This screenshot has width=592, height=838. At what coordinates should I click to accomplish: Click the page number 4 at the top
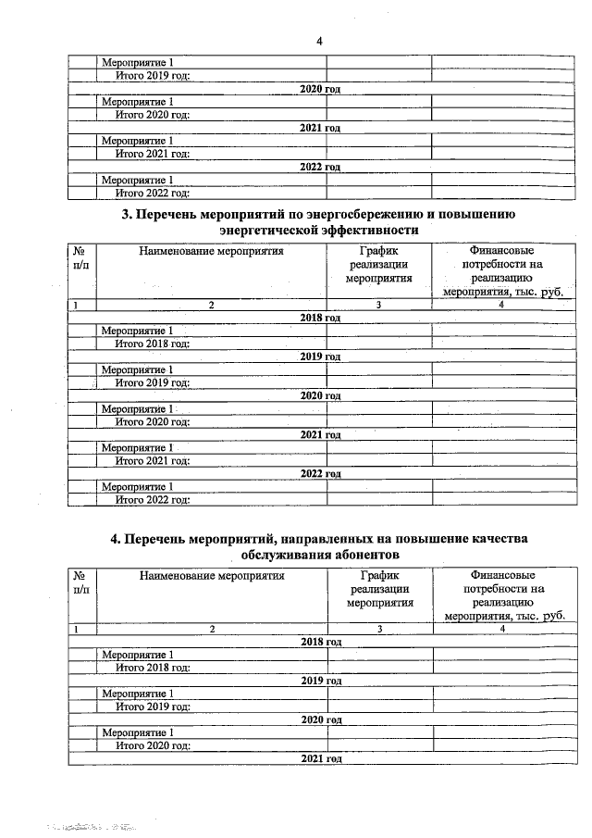tap(319, 41)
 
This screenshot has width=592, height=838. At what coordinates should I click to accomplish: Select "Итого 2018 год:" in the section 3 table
tap(153, 344)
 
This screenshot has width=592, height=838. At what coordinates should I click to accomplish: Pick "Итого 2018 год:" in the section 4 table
tap(153, 667)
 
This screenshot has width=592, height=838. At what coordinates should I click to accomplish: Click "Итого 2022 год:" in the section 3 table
tap(153, 500)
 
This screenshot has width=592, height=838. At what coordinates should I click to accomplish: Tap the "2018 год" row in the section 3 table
tap(320, 318)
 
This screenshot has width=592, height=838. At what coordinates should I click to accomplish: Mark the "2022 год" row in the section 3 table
tap(320, 474)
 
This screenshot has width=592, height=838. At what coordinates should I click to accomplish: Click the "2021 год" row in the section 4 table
tap(320, 758)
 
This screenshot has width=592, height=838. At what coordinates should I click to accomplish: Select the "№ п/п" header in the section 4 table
tap(81, 582)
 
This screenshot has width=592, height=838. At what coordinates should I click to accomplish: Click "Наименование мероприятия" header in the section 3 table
tap(211, 250)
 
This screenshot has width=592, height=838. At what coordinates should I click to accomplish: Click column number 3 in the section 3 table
tap(379, 305)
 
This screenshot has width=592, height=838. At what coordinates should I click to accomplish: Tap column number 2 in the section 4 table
tap(211, 629)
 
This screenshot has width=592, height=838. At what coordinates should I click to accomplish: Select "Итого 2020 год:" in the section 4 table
tap(153, 745)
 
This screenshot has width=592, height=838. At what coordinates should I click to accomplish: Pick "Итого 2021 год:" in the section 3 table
tap(153, 460)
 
